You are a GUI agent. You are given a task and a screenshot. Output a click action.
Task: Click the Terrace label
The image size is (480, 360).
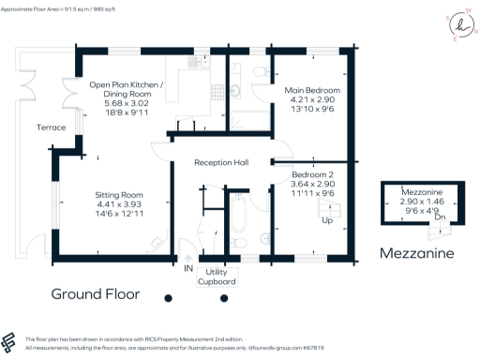[51, 127]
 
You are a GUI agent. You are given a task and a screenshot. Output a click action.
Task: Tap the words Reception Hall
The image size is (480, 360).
[221, 162]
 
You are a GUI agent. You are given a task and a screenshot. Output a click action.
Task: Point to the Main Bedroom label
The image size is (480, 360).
[311, 90]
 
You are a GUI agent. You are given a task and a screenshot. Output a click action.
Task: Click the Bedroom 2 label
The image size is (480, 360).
[312, 174]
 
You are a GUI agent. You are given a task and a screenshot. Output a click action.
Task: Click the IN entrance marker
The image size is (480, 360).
[188, 268]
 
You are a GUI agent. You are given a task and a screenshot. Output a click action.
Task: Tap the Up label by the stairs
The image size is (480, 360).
[327, 220]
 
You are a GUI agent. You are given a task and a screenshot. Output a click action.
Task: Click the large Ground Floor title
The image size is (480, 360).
[96, 293]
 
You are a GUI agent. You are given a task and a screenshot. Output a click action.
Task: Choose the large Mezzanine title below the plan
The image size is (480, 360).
[415, 253]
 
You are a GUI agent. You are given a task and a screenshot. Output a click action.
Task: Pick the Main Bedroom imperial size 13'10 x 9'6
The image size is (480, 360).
[311, 109]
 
